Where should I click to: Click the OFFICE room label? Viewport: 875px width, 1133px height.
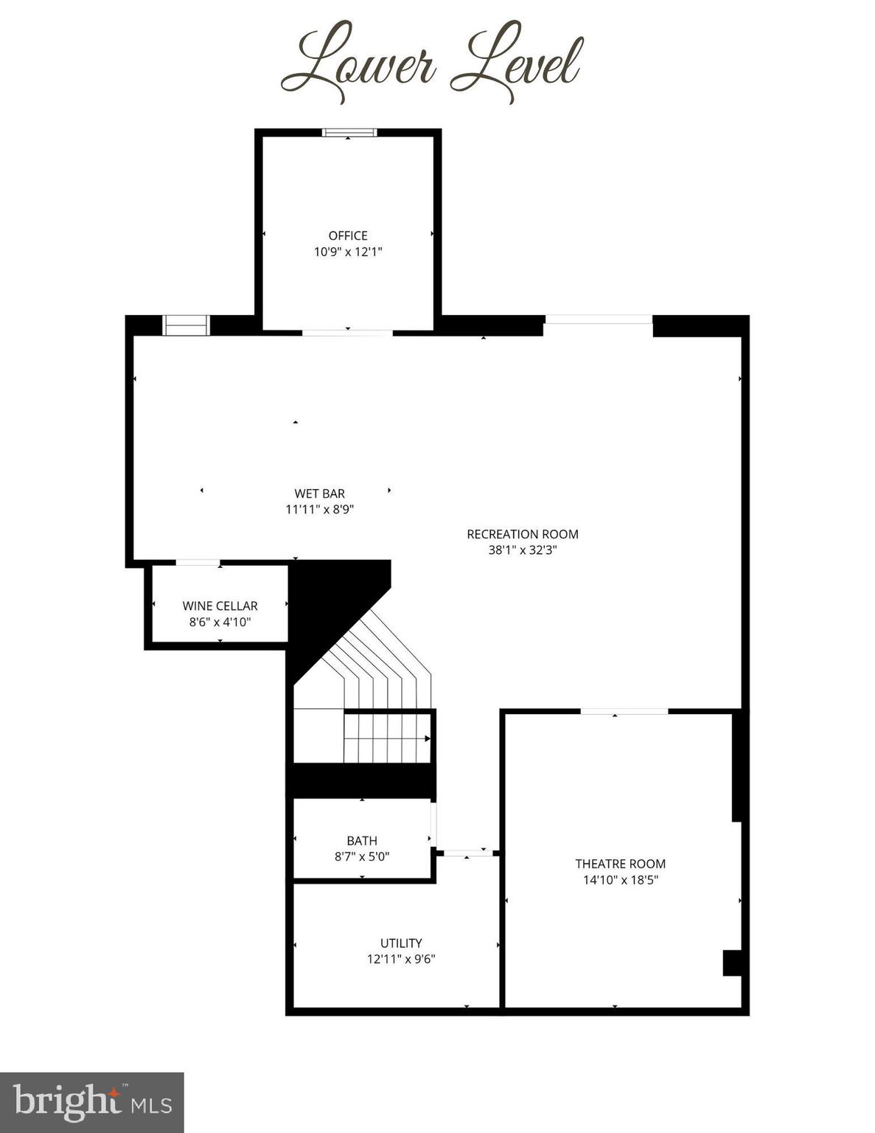[x=348, y=235]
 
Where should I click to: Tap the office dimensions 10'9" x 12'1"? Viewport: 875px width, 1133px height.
[x=348, y=252]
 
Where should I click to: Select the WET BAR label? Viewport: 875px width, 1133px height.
[x=319, y=493]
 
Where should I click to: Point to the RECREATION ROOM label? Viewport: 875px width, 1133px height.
[x=523, y=534]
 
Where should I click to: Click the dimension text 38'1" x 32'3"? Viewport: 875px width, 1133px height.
[x=523, y=550]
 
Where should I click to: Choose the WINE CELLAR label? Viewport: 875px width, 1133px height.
[x=220, y=606]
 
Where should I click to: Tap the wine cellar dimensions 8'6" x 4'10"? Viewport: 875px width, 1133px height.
[x=220, y=622]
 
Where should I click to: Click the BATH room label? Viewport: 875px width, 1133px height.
[x=362, y=840]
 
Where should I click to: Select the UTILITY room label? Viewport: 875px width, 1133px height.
[x=401, y=943]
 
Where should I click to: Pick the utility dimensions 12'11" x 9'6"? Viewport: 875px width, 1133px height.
[x=401, y=959]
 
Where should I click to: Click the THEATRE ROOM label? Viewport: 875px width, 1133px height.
[x=620, y=864]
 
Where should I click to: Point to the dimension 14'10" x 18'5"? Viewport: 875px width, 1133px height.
[x=620, y=880]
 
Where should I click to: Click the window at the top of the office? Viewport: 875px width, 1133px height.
[x=349, y=133]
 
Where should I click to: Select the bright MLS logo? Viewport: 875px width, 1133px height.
[x=91, y=1102]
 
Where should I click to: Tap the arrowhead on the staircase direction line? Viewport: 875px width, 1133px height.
[x=428, y=738]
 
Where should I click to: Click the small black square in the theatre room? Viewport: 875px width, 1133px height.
[x=732, y=963]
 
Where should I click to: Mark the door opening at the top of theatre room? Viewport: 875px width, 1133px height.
[x=624, y=711]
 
